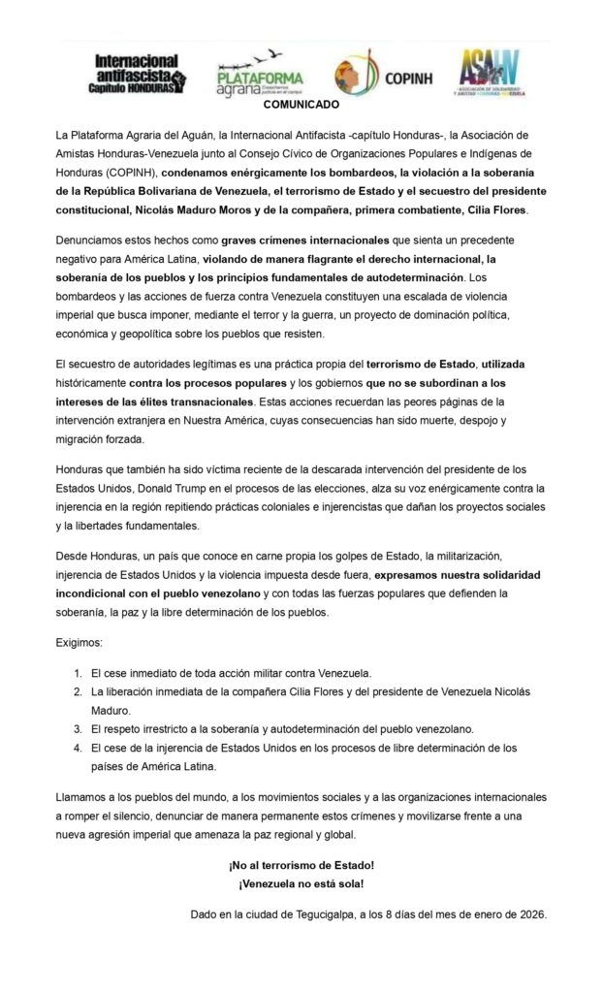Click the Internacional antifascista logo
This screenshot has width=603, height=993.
click(x=140, y=74)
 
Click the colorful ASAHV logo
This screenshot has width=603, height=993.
click(x=503, y=73)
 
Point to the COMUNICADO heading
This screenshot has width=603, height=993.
click(x=301, y=104)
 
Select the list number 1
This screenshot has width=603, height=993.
click(x=79, y=672)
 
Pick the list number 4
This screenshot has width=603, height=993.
click(x=79, y=748)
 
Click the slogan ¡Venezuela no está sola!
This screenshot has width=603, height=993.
click(x=301, y=883)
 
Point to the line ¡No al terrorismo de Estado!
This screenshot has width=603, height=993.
click(x=301, y=864)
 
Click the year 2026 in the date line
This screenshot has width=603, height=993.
click(x=529, y=913)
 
